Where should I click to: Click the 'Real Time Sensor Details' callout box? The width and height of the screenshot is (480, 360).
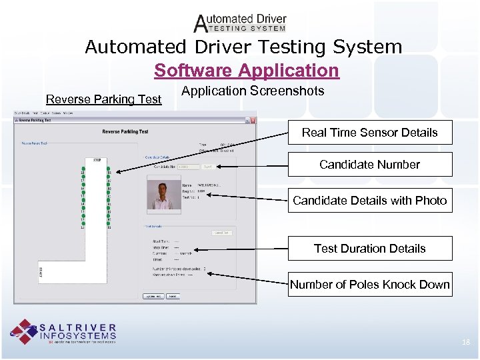click(369, 132)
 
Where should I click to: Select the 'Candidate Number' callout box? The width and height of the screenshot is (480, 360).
click(369, 165)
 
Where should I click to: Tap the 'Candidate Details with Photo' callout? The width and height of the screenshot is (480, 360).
click(369, 200)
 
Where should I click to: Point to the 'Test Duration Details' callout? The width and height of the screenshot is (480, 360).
click(369, 249)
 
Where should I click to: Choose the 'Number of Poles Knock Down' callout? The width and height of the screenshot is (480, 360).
click(369, 285)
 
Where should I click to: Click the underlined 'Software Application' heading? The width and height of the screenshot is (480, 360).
click(246, 70)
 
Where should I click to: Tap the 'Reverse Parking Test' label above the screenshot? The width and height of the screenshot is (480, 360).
click(103, 99)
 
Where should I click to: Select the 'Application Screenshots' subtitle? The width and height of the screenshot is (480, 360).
click(253, 91)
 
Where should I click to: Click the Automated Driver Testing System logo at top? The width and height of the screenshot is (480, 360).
click(240, 23)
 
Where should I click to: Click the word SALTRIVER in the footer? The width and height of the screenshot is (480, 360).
click(78, 327)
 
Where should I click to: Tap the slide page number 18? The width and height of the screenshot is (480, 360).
click(465, 342)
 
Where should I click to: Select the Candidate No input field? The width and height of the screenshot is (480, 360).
click(188, 167)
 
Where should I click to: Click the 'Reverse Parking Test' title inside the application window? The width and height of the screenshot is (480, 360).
click(125, 132)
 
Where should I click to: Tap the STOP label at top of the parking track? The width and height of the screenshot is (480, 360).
click(96, 161)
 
